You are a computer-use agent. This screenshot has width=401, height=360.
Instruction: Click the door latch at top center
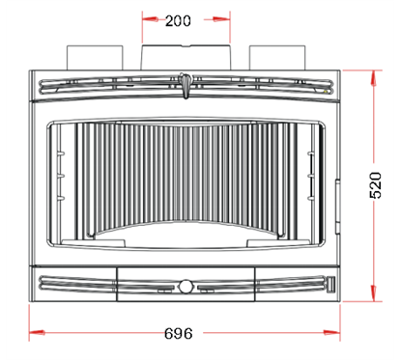[x=185, y=87]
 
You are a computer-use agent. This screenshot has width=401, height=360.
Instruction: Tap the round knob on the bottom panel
[x=185, y=286]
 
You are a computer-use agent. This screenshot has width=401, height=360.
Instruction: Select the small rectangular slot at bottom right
[x=329, y=285]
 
